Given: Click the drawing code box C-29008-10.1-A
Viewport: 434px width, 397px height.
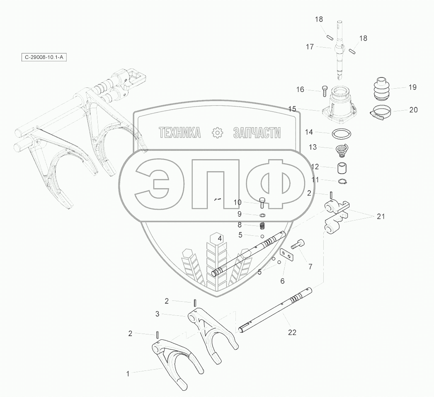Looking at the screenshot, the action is point(44,57).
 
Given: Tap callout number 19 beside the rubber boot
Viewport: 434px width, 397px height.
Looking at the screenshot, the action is point(412,87).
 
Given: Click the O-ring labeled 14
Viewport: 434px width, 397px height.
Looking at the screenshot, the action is point(342,134).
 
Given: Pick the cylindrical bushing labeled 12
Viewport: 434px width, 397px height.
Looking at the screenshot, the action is point(342,168).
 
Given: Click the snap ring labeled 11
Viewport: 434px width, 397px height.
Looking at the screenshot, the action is point(343,181).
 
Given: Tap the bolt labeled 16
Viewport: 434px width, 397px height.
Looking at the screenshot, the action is point(325,91).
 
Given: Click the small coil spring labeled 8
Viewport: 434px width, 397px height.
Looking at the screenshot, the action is point(262,226).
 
